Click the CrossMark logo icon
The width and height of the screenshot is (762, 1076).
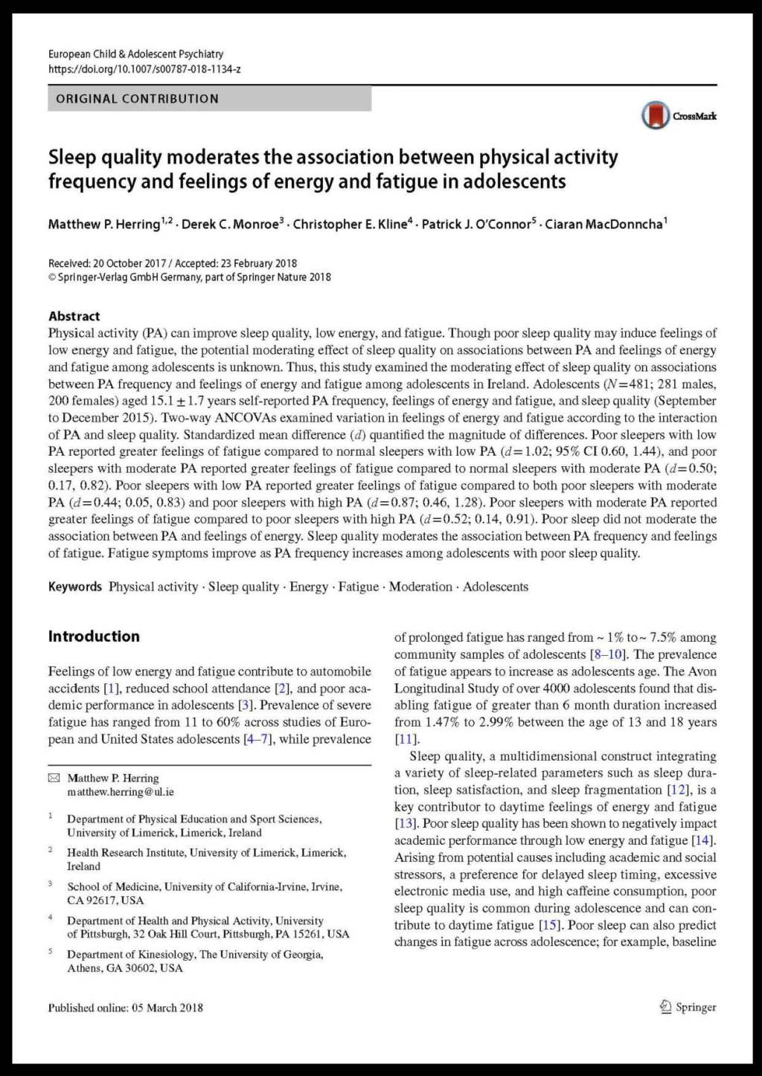click(x=656, y=115)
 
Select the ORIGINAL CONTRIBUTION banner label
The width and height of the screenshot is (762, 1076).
click(x=138, y=99)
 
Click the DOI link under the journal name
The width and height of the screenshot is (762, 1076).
click(x=144, y=69)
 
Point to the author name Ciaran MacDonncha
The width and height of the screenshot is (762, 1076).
click(x=604, y=225)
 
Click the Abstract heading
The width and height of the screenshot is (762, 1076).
click(x=74, y=316)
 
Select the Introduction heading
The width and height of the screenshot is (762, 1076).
click(x=94, y=637)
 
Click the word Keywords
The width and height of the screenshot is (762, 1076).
click(x=74, y=587)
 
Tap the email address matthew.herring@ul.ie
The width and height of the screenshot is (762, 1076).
click(x=121, y=792)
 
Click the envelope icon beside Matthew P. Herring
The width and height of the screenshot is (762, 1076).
click(x=54, y=778)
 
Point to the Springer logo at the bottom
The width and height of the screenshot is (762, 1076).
click(x=688, y=1007)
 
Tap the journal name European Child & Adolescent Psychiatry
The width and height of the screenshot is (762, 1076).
click(x=135, y=54)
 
